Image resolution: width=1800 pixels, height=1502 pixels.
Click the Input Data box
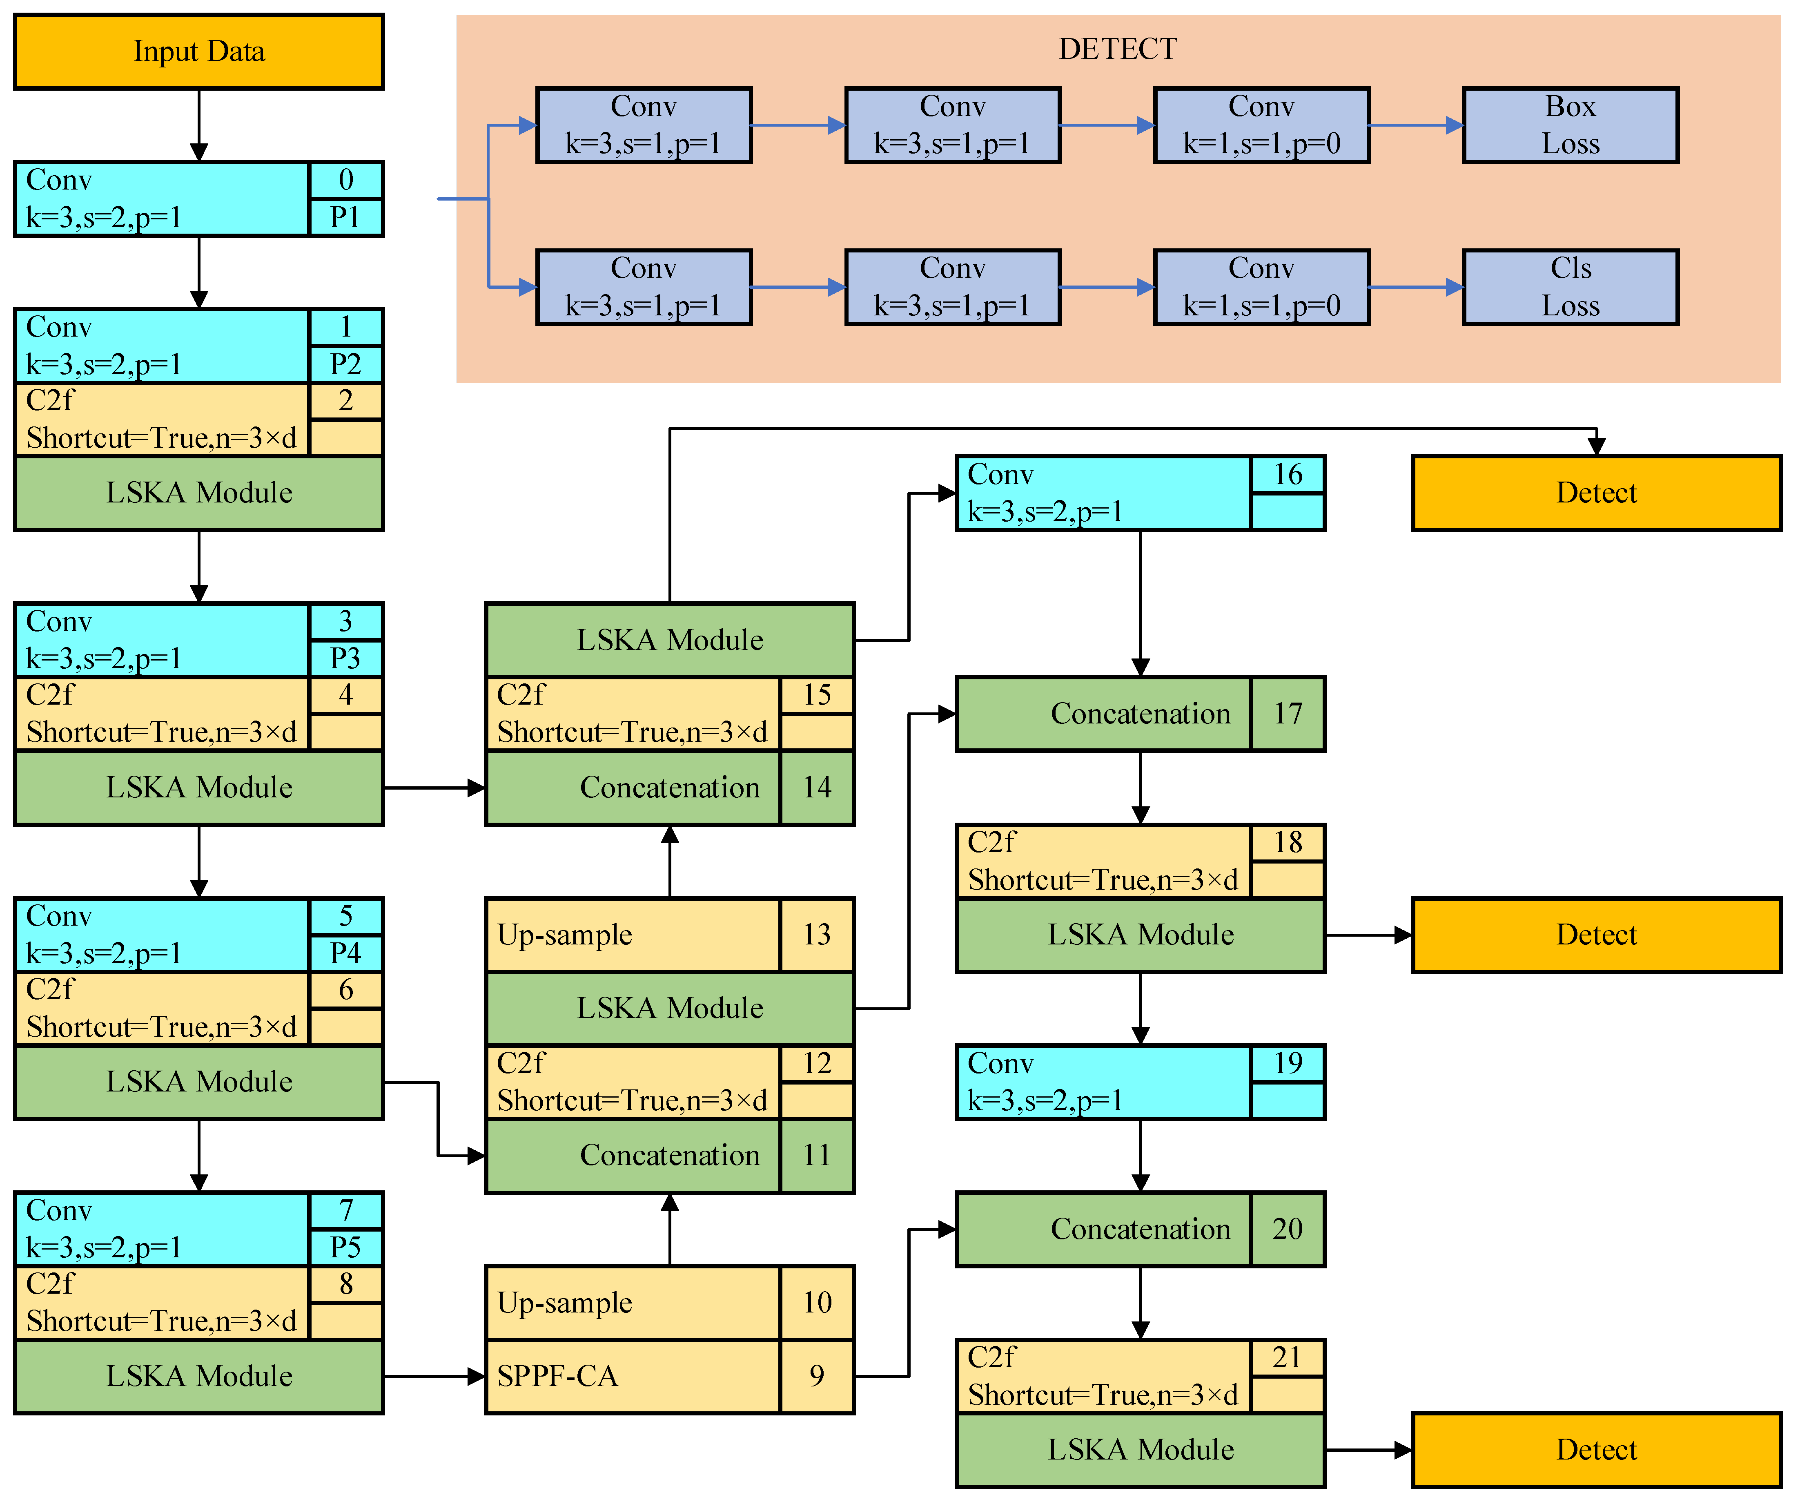(199, 51)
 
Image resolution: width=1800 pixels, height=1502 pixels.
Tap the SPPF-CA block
(633, 1376)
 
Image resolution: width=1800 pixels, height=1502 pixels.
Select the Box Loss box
(1570, 125)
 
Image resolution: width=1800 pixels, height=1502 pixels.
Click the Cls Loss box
(1570, 287)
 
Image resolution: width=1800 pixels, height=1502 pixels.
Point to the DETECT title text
(1118, 49)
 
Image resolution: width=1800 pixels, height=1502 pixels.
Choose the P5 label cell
(345, 1248)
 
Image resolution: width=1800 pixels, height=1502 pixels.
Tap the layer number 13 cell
(817, 935)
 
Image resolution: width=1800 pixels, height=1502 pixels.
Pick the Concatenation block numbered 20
(1103, 1230)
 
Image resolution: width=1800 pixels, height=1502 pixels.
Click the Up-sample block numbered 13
(633, 935)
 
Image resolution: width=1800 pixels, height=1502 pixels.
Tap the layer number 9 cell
(817, 1376)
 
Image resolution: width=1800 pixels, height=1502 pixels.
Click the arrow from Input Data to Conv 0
(199, 124)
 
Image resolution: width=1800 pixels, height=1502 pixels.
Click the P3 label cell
(345, 658)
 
